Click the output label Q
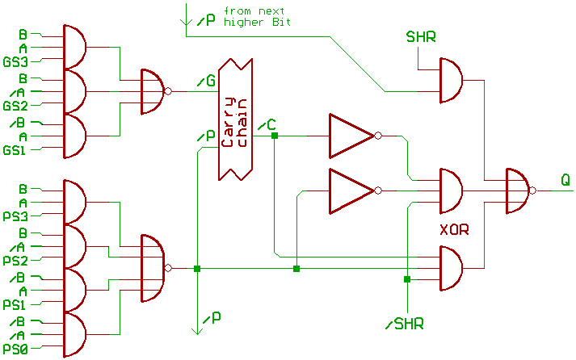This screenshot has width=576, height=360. (566, 182)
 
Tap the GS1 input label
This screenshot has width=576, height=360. (15, 151)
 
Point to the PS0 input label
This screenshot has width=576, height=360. (15, 350)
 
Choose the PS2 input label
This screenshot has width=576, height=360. (15, 261)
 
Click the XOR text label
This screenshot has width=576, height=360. (454, 230)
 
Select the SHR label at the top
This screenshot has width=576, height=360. (421, 37)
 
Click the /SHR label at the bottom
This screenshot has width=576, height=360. (405, 324)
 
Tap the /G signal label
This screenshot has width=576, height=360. (205, 81)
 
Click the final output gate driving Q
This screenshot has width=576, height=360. (517, 191)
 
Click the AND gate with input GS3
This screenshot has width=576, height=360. (74, 47)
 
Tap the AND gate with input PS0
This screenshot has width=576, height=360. (74, 335)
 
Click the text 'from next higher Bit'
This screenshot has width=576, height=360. (257, 17)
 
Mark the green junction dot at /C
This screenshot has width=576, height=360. (275, 136)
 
